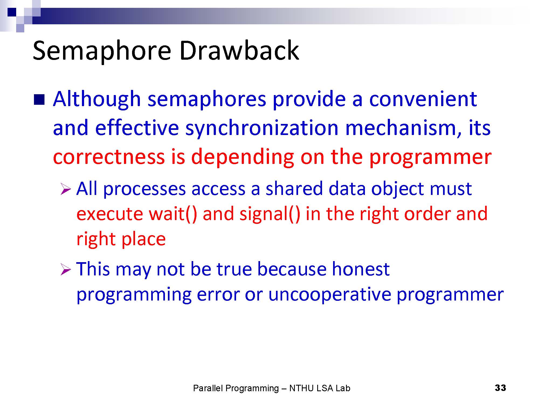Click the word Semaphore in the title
tap(102, 51)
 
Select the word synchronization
tap(262, 129)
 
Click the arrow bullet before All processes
tap(65, 189)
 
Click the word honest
tap(361, 269)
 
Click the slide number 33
tap(500, 388)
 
